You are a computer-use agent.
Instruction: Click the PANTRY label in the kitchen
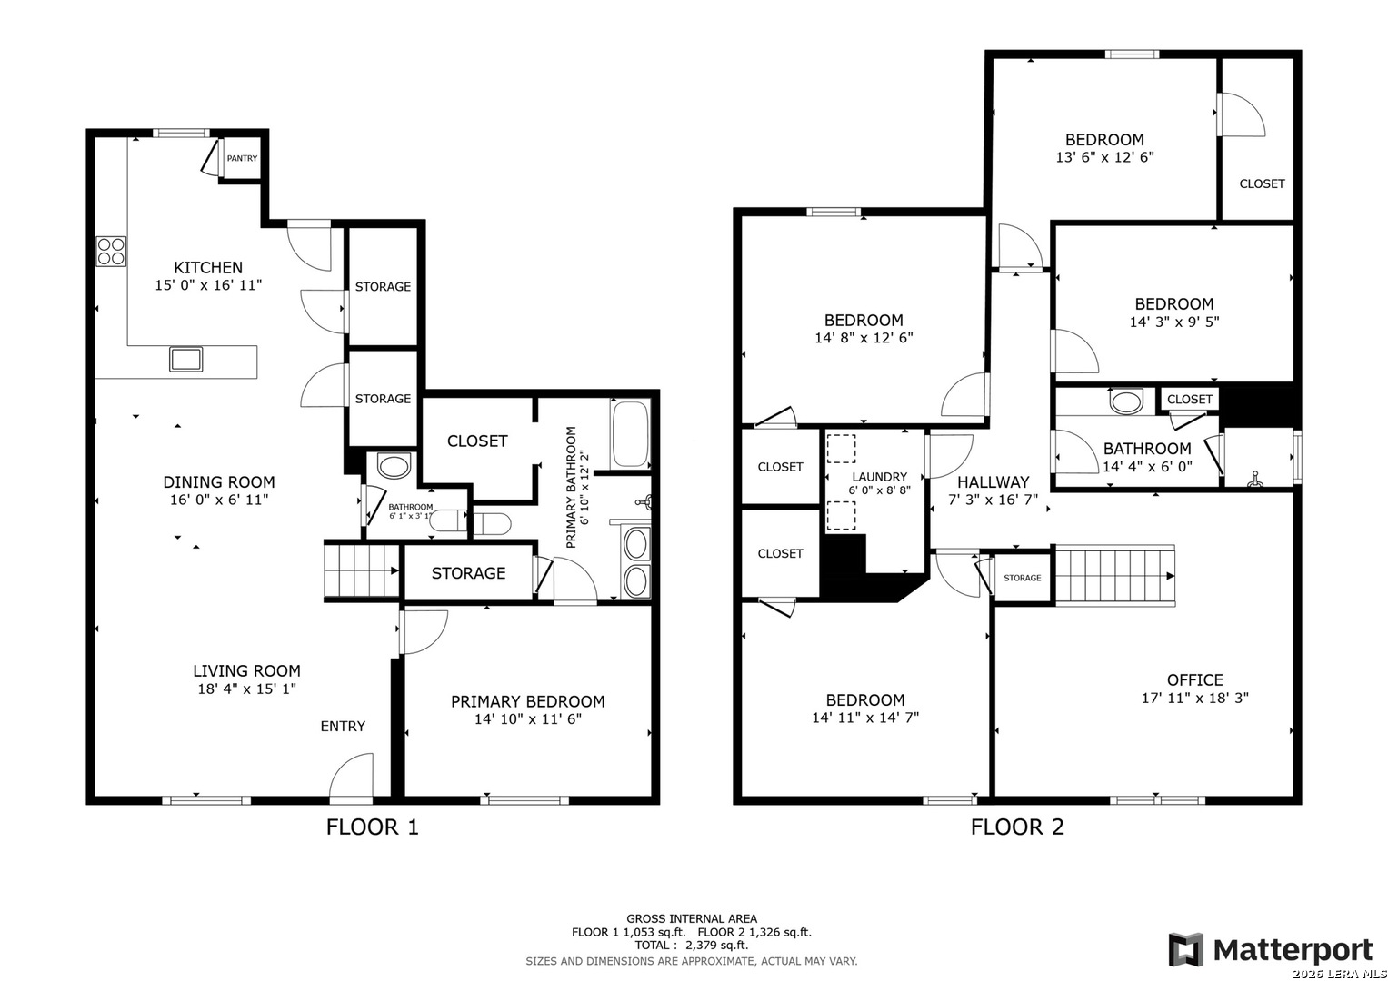pyautogui.click(x=242, y=159)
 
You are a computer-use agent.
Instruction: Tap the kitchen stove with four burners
pyautogui.click(x=111, y=252)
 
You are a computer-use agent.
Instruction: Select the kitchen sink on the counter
pyautogui.click(x=186, y=359)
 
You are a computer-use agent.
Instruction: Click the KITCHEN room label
pyautogui.click(x=208, y=268)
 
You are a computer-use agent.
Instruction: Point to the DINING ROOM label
pyautogui.click(x=219, y=481)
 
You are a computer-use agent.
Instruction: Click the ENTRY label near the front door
pyautogui.click(x=343, y=726)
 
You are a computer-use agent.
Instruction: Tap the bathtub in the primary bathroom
pyautogui.click(x=630, y=434)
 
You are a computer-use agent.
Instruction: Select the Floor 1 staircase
pyautogui.click(x=362, y=571)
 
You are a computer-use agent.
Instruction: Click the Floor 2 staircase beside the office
pyautogui.click(x=1115, y=576)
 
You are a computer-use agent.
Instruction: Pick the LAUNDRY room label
pyautogui.click(x=879, y=477)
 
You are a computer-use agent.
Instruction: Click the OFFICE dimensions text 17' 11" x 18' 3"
pyautogui.click(x=1195, y=698)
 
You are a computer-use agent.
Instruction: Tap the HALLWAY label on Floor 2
pyautogui.click(x=994, y=481)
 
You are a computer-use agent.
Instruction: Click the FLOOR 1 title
pyautogui.click(x=373, y=827)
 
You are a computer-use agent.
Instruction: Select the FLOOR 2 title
pyautogui.click(x=1017, y=827)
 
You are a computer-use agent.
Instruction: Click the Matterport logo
pyautogui.click(x=1270, y=949)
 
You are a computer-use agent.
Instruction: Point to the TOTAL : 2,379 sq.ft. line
pyautogui.click(x=692, y=945)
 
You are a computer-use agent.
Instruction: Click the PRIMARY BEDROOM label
pyautogui.click(x=528, y=701)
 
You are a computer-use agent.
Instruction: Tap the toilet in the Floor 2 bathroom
pyautogui.click(x=1126, y=401)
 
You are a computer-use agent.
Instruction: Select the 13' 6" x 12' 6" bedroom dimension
pyautogui.click(x=1104, y=157)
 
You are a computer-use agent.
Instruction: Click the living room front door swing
pyautogui.click(x=351, y=775)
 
